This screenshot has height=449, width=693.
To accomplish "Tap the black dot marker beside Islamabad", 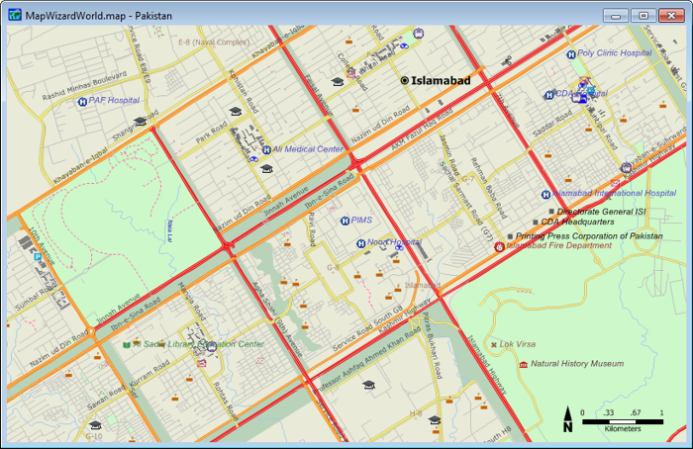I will [405, 79].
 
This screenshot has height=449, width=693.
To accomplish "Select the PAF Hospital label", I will [114, 100].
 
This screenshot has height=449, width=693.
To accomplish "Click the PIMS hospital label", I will [361, 221].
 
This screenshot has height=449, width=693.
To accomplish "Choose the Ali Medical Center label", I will [308, 150].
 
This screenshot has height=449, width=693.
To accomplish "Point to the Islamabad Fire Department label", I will [559, 245].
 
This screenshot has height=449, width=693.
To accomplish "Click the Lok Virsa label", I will [517, 344].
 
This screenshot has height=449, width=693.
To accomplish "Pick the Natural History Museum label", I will [577, 363].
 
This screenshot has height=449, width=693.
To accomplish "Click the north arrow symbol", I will [567, 420].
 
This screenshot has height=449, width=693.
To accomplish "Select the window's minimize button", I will [617, 15].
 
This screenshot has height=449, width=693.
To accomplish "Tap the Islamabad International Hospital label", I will [613, 193].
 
